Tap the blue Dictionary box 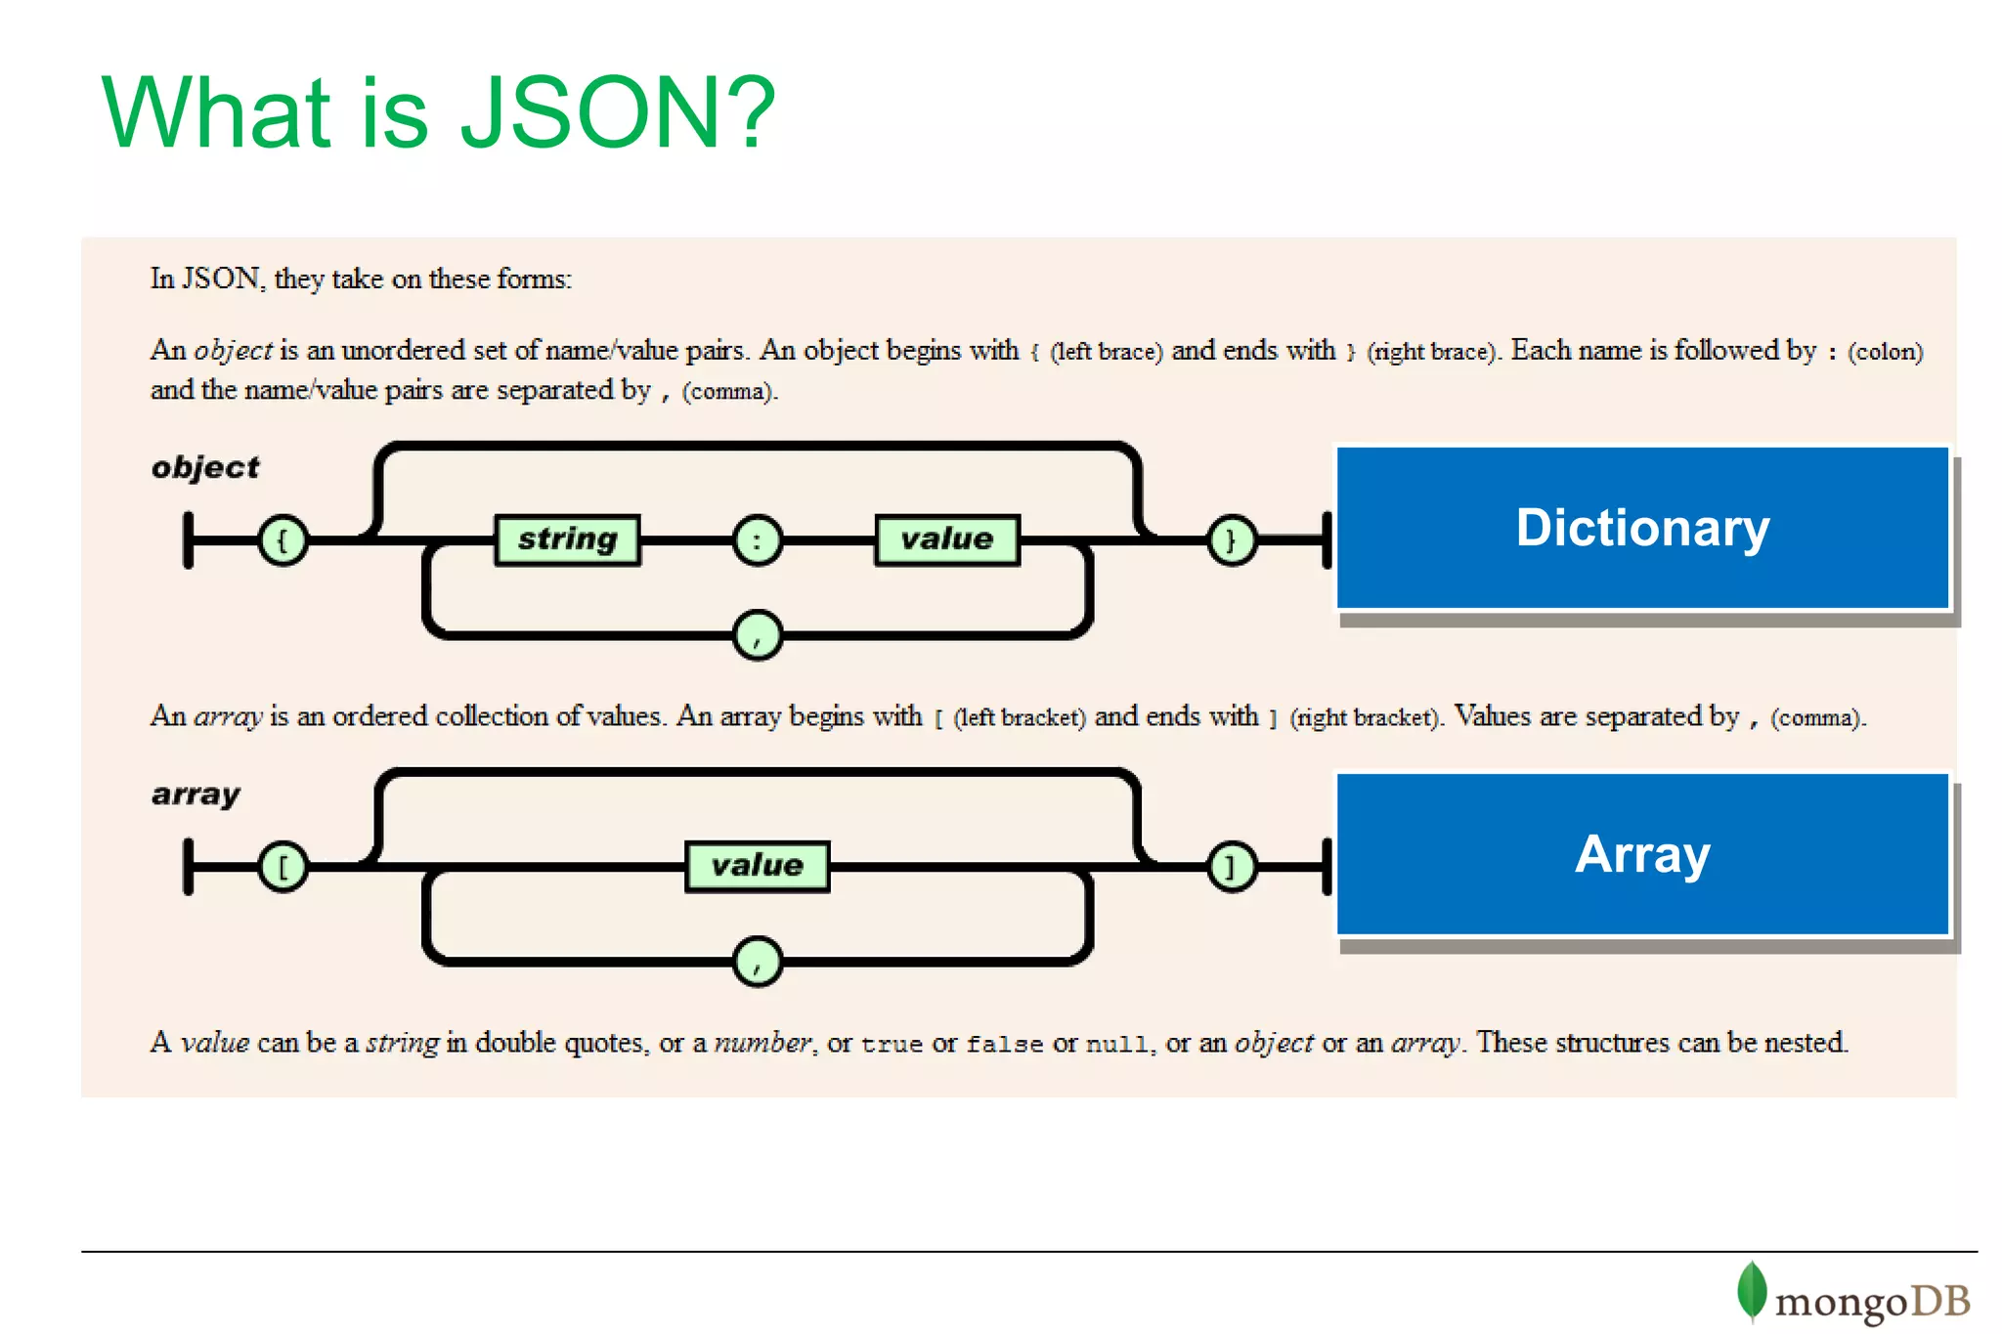pyautogui.click(x=1642, y=528)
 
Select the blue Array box pyautogui.click(x=1642, y=854)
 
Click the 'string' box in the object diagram pyautogui.click(x=567, y=539)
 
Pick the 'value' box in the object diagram pyautogui.click(x=946, y=539)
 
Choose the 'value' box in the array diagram pyautogui.click(x=757, y=866)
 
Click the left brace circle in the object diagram pyautogui.click(x=283, y=539)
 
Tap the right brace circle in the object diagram pyautogui.click(x=1231, y=539)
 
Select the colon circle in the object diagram pyautogui.click(x=757, y=539)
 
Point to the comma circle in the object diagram pyautogui.click(x=757, y=635)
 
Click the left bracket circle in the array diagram pyautogui.click(x=283, y=866)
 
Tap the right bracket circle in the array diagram pyautogui.click(x=1231, y=866)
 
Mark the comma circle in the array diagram pyautogui.click(x=757, y=962)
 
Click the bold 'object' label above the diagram pyautogui.click(x=205, y=467)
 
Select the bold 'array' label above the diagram pyautogui.click(x=196, y=794)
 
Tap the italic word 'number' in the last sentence pyautogui.click(x=762, y=1043)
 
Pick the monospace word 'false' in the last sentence pyautogui.click(x=1004, y=1044)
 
